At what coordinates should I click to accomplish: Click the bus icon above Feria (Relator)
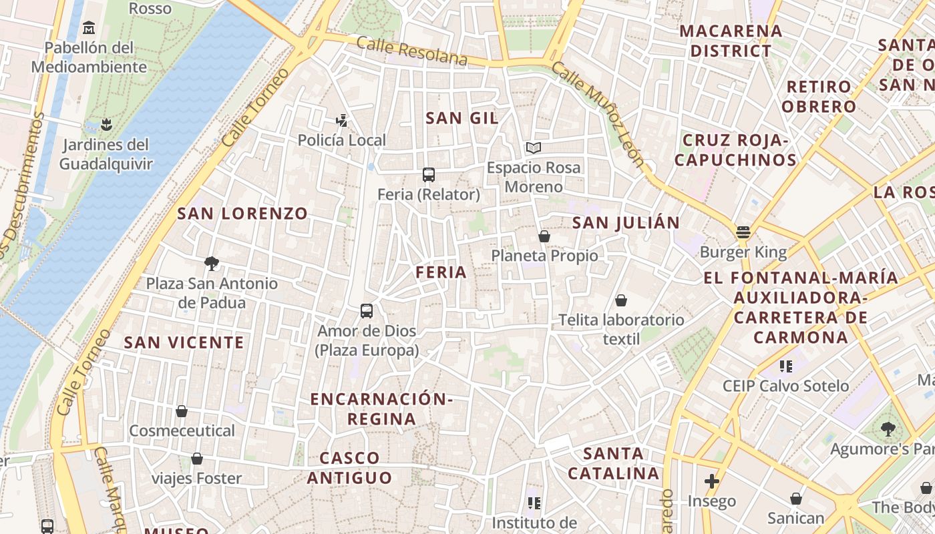429,175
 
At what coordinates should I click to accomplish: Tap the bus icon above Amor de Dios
367,311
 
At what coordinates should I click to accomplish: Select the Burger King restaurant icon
743,233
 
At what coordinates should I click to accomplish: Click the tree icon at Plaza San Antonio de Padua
212,264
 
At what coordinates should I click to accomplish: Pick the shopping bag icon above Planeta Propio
544,236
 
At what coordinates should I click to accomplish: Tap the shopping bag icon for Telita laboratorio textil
621,300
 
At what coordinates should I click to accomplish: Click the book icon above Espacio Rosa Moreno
533,148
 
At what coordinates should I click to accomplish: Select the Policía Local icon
342,121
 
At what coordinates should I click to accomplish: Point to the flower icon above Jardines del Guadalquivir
106,124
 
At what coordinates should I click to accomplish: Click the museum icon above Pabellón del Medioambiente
88,28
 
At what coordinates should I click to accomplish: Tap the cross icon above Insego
712,481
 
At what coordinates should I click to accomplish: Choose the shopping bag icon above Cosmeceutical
182,411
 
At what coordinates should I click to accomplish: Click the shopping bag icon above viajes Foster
197,459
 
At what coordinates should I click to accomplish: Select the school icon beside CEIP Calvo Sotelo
786,366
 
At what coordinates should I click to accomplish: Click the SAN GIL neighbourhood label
462,118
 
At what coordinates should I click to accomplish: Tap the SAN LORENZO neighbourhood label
242,214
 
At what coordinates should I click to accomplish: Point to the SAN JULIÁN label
626,223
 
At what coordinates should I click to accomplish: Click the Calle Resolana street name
411,51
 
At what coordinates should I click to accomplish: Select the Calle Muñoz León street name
598,114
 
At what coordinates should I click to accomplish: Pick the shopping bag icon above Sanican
796,499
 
